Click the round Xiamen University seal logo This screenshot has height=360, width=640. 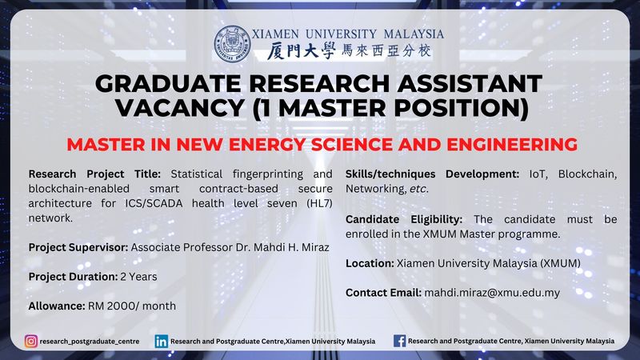tap(232, 44)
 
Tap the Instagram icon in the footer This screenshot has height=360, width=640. tap(31, 342)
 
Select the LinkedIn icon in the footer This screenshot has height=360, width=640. tap(162, 342)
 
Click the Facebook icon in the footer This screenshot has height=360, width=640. tap(399, 341)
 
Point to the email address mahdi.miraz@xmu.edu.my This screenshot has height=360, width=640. tap(492, 293)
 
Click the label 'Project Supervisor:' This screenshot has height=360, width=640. tap(78, 248)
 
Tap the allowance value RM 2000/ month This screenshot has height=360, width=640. tap(132, 306)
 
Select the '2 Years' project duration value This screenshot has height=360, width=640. tap(138, 277)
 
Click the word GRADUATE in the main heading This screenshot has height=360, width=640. tap(168, 84)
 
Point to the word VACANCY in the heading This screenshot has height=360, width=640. tap(179, 108)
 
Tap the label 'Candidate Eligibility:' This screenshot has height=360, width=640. tap(404, 219)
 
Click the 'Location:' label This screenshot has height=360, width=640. tap(370, 263)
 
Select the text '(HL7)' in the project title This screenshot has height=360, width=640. tap(319, 203)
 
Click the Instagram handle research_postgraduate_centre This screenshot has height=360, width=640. tap(90, 342)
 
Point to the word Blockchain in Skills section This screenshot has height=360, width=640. tap(588, 174)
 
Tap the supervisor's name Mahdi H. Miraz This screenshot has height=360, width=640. tap(291, 247)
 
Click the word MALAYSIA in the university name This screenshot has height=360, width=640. tap(414, 34)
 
